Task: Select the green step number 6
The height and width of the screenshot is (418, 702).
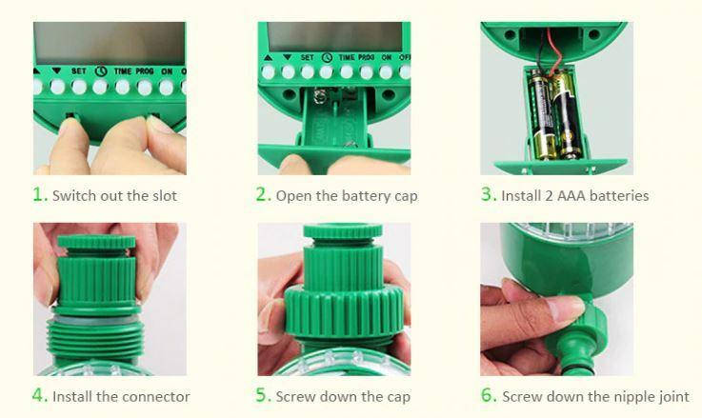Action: point(488,395)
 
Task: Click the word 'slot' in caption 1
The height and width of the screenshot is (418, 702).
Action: point(165,195)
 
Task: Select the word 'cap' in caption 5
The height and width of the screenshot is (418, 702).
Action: point(398,397)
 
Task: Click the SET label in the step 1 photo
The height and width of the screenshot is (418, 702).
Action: point(79,71)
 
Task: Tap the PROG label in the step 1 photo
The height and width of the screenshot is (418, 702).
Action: point(145,71)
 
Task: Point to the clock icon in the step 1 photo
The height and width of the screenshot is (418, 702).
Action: point(101,71)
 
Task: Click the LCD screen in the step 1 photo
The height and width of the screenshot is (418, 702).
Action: point(110,44)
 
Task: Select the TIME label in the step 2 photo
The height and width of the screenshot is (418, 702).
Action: point(347,58)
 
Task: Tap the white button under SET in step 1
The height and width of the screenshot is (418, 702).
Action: point(79,87)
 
